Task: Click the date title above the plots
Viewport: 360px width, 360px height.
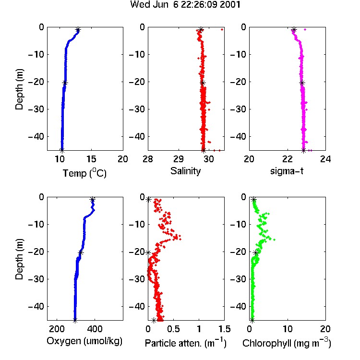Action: [x=185, y=4]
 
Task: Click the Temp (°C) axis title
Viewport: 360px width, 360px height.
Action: [x=84, y=173]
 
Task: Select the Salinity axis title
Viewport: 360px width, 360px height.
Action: [x=185, y=171]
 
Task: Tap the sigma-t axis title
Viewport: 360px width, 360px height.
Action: [x=287, y=171]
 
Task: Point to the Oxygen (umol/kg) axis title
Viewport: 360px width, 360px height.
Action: [x=84, y=341]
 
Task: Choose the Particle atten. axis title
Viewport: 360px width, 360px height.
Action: [x=186, y=343]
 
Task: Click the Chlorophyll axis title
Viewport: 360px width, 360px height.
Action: [x=287, y=343]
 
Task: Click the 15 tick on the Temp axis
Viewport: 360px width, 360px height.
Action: [x=91, y=159]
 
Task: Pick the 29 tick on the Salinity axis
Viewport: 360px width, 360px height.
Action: [x=179, y=159]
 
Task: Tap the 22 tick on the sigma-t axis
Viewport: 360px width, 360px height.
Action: [x=288, y=159]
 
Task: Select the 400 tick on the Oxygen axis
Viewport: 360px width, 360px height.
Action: [x=95, y=329]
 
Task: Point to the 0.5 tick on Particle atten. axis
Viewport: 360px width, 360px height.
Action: [x=173, y=329]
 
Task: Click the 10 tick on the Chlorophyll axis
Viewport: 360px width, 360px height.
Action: [x=288, y=329]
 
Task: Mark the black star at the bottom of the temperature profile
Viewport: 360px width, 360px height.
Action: [x=62, y=151]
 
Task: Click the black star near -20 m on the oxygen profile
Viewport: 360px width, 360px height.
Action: [x=81, y=253]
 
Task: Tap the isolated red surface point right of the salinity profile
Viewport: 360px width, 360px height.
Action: [x=222, y=29]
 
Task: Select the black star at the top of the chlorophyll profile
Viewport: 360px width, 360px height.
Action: [x=254, y=200]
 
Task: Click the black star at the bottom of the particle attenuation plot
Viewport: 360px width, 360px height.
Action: [x=154, y=320]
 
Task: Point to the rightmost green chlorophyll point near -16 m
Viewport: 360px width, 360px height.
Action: [x=275, y=240]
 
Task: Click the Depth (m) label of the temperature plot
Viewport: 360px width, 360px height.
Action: [x=19, y=89]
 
